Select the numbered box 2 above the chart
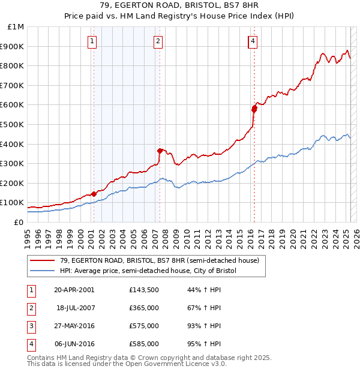[x=158, y=41]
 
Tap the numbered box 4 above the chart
[x=253, y=41]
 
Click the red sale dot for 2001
[x=94, y=194]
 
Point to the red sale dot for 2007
[x=160, y=151]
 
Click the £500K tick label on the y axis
[x=12, y=124]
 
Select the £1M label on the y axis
[x=16, y=27]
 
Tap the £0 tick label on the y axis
[x=18, y=222]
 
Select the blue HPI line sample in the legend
[x=42, y=271]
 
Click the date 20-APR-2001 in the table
[x=74, y=290]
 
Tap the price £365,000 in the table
[x=144, y=308]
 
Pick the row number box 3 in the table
[x=30, y=326]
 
